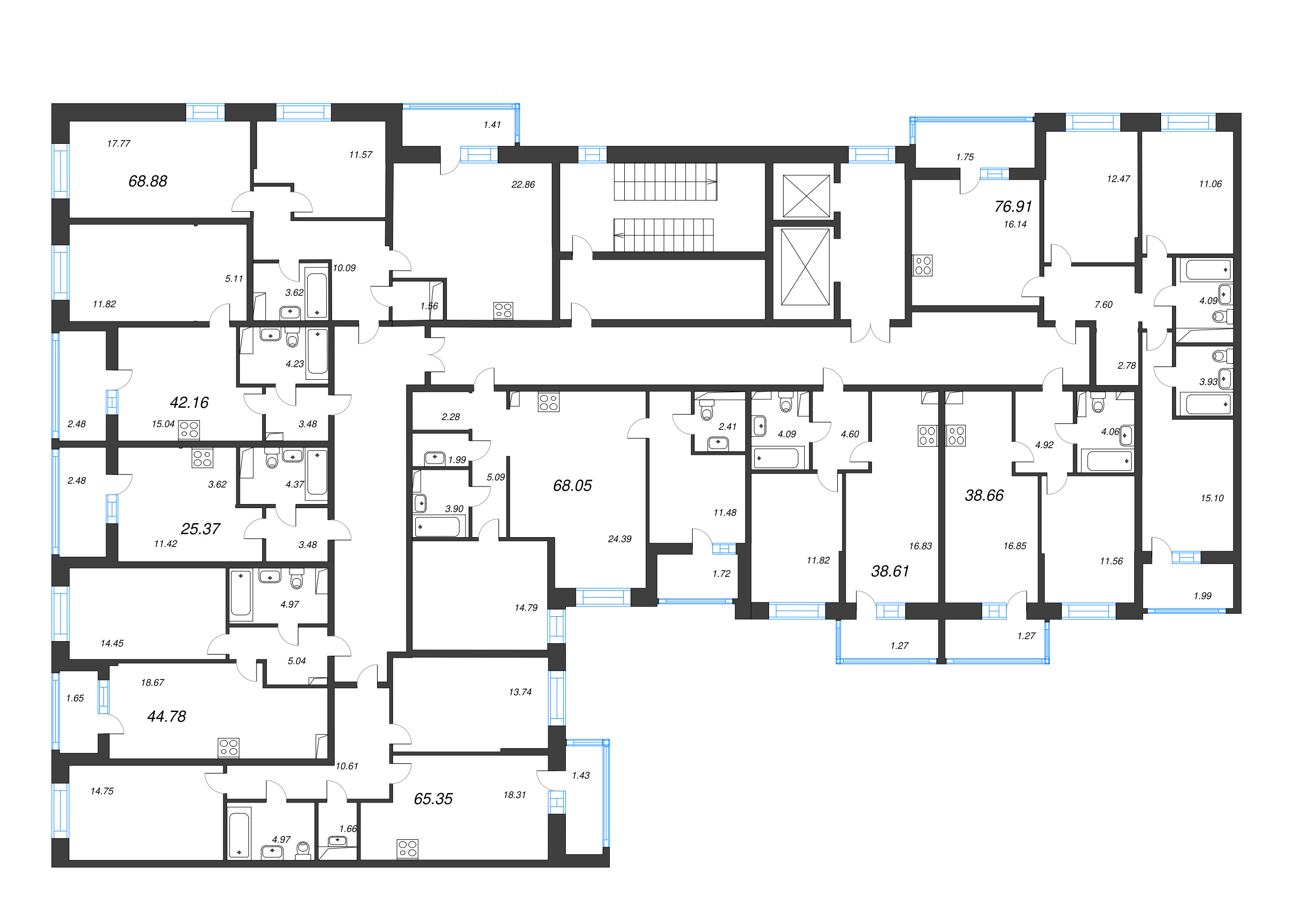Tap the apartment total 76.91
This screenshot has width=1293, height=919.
click(1013, 206)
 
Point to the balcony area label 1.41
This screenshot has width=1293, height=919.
click(492, 125)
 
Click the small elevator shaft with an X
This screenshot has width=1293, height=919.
click(806, 196)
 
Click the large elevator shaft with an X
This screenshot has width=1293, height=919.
click(805, 266)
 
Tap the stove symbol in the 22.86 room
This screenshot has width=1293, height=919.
click(503, 310)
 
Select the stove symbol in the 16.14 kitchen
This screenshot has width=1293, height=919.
click(923, 265)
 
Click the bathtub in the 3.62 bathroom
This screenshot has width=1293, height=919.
click(316, 295)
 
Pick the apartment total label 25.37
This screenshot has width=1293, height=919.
click(200, 528)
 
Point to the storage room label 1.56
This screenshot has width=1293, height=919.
click(429, 306)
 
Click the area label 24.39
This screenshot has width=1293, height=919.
click(620, 539)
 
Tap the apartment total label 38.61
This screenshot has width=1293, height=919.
click(890, 571)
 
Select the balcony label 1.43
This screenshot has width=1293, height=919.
click(580, 775)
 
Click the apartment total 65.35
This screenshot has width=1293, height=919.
click(433, 798)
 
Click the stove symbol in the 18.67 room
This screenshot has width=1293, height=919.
click(229, 748)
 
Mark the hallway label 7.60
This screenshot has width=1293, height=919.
click(1103, 304)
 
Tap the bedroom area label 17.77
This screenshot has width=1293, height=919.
click(118, 144)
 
